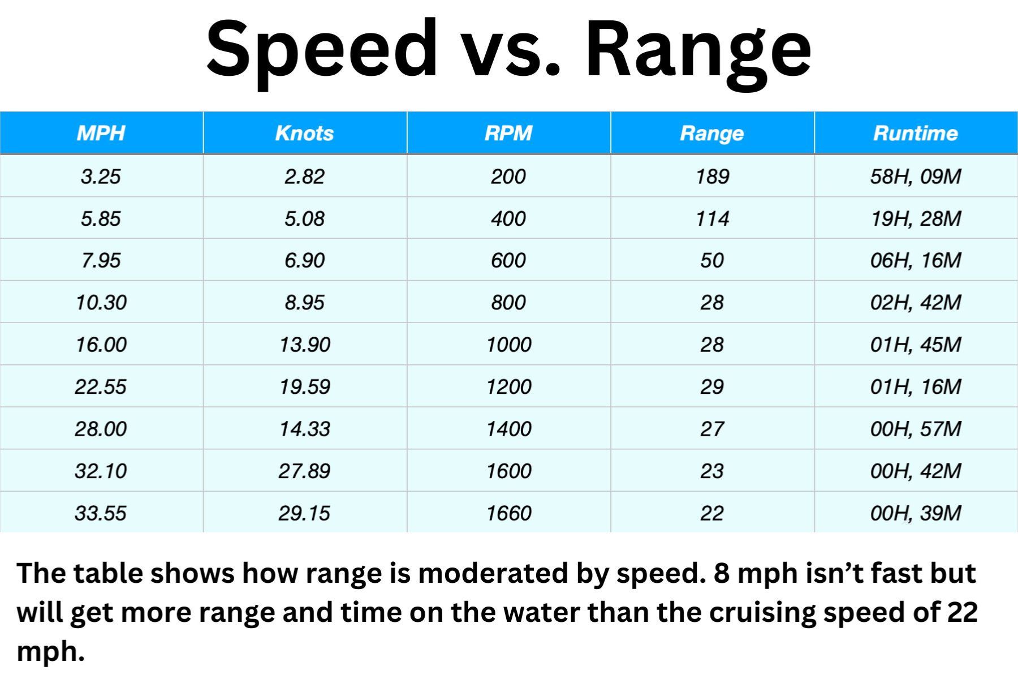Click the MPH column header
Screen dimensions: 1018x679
coord(101,133)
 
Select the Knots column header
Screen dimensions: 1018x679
coord(304,133)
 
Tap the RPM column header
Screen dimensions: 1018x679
coord(508,133)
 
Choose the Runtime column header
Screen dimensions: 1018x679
coord(915,133)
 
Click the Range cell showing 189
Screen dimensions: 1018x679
coord(712,177)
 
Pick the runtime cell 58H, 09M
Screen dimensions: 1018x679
coord(916,177)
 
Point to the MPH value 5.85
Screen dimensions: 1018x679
coord(101,218)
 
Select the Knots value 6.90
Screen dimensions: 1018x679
coord(304,260)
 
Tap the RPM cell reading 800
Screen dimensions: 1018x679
coord(508,302)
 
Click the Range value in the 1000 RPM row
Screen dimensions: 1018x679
coord(712,345)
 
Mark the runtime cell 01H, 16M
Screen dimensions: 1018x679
coord(916,386)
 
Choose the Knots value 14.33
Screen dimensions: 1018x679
coord(304,428)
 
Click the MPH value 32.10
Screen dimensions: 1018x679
coord(101,471)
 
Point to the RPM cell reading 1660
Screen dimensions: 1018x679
coord(508,513)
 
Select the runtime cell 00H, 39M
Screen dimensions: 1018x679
coord(916,513)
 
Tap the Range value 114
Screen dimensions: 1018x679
coord(712,218)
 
